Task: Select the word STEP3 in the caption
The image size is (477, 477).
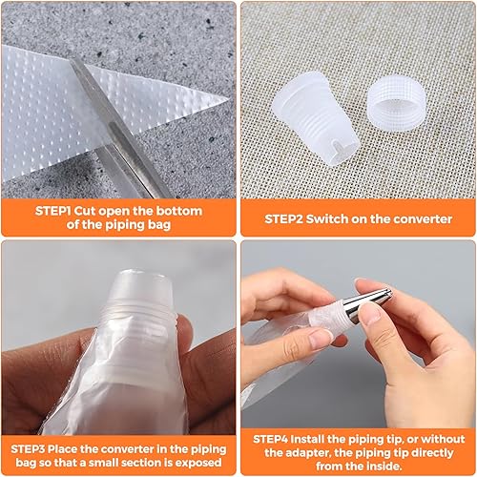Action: click(x=28, y=449)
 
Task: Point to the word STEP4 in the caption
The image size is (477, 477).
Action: click(x=271, y=439)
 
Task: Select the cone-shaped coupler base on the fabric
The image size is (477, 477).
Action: click(x=315, y=117)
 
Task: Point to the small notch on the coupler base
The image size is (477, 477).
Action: click(x=337, y=148)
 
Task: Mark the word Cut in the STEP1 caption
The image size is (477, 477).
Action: click(x=85, y=211)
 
